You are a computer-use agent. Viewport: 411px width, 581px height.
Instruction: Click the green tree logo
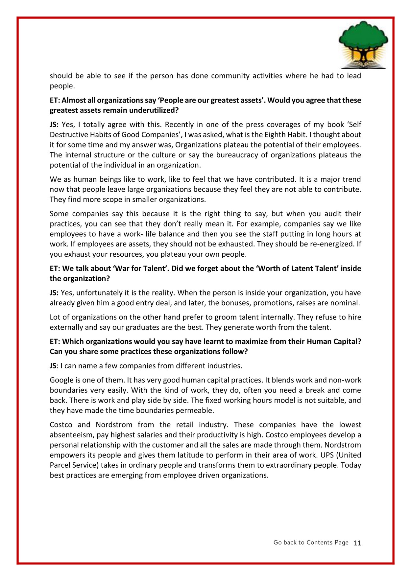363,38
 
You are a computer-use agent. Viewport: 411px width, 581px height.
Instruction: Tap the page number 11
357,543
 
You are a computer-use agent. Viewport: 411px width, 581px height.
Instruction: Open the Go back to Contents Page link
311,543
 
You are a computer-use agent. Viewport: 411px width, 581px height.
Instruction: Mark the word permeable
197,410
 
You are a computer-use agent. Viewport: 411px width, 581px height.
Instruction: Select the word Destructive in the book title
67,135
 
